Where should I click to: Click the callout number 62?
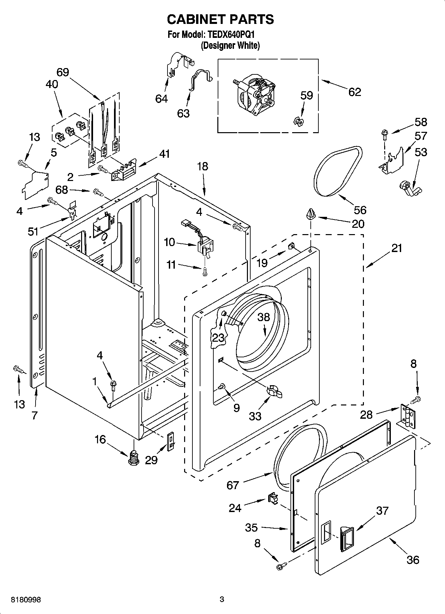coord(355,92)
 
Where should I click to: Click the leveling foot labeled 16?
coord(134,458)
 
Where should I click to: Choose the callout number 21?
coord(396,248)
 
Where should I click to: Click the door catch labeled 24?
coord(273,498)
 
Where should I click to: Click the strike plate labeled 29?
coord(170,441)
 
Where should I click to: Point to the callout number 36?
coord(413,560)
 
